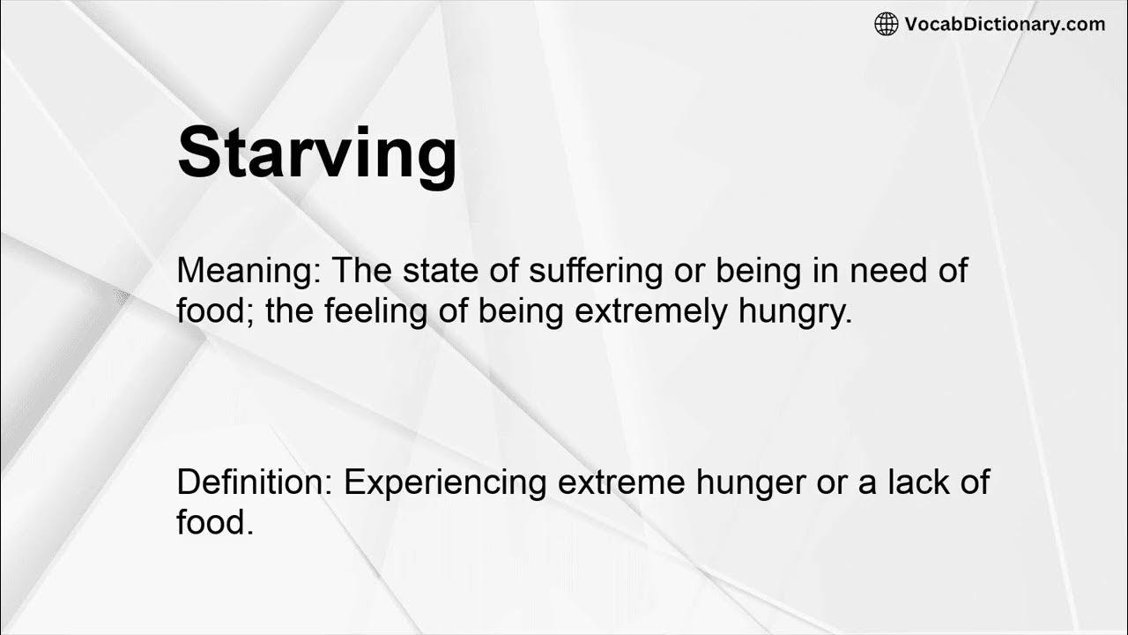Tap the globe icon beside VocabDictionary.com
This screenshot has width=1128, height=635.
886,25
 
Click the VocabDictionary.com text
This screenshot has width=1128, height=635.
1005,25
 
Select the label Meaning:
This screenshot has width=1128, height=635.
249,272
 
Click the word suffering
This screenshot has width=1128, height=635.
595,272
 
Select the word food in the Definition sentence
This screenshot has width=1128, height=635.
215,522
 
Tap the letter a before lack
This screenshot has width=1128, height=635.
868,484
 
